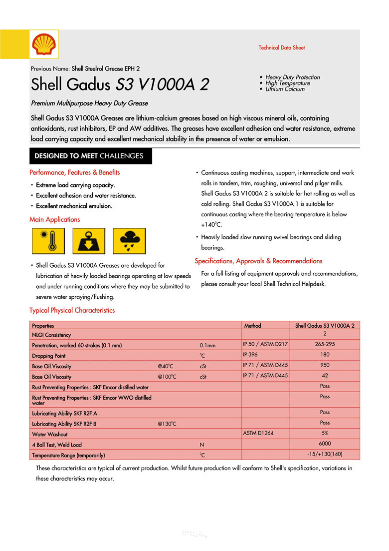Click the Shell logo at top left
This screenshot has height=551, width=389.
[x=44, y=44]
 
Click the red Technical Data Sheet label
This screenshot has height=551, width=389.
[x=281, y=48]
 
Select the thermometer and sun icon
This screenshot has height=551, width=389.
[x=48, y=241]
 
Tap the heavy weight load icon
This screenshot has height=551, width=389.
[x=89, y=241]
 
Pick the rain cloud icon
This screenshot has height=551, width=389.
[x=129, y=241]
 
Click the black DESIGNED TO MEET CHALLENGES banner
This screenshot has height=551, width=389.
[x=90, y=156]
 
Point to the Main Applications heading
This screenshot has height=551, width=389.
[x=54, y=219]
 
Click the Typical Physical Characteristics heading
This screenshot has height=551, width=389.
[x=72, y=310]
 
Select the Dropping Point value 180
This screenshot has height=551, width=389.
[x=325, y=355]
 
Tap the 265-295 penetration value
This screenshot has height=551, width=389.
[x=325, y=344]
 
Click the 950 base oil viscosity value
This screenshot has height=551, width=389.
[x=325, y=365]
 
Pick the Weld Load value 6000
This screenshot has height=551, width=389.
[x=325, y=444]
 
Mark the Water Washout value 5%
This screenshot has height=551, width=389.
[x=325, y=433]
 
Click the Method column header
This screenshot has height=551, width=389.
[x=252, y=326]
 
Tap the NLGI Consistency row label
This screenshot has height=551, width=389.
[x=51, y=335]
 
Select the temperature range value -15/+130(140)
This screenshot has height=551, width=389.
[x=325, y=454]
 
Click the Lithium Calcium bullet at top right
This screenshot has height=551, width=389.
[x=285, y=89]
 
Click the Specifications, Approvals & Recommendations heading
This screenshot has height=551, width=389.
[x=258, y=261]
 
